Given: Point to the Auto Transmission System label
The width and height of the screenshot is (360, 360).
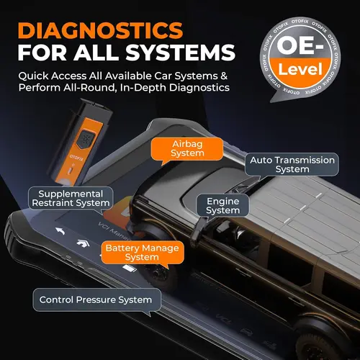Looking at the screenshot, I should click(x=292, y=164).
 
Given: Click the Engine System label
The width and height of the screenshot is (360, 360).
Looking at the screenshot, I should click(x=222, y=206).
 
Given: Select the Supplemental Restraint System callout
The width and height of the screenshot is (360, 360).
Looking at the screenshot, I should click(x=71, y=199).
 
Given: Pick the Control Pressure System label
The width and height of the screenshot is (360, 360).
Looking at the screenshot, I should click(x=95, y=300).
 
